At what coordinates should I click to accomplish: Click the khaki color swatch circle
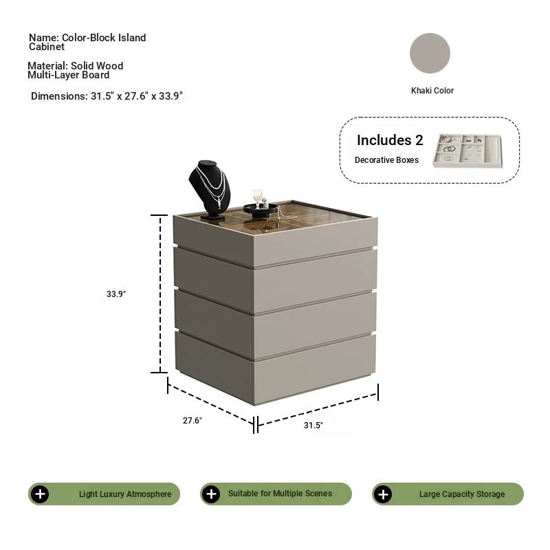click(430, 54)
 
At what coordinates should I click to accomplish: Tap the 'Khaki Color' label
click(432, 91)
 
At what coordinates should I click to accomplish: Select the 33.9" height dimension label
click(116, 294)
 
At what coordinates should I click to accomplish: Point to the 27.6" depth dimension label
click(192, 420)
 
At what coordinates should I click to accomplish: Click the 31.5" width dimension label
click(313, 425)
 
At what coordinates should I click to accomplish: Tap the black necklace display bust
click(210, 190)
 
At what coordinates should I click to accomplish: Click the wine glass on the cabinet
click(257, 199)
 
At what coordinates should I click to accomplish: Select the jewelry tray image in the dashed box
click(467, 151)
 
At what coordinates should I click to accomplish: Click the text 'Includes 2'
click(390, 140)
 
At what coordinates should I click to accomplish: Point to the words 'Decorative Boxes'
click(386, 160)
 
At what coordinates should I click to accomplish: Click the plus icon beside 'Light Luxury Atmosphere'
click(40, 494)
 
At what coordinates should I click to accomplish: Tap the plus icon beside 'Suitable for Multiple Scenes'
click(211, 494)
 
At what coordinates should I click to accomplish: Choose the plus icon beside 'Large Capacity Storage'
click(383, 494)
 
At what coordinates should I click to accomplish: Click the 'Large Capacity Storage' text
click(462, 494)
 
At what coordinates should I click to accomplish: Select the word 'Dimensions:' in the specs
click(59, 96)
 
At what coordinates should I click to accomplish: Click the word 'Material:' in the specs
click(47, 65)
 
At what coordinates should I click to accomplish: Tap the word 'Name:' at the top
click(44, 38)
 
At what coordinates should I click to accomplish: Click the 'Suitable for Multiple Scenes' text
click(280, 494)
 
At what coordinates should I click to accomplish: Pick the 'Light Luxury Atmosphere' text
click(125, 494)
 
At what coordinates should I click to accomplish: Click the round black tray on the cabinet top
click(261, 210)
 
